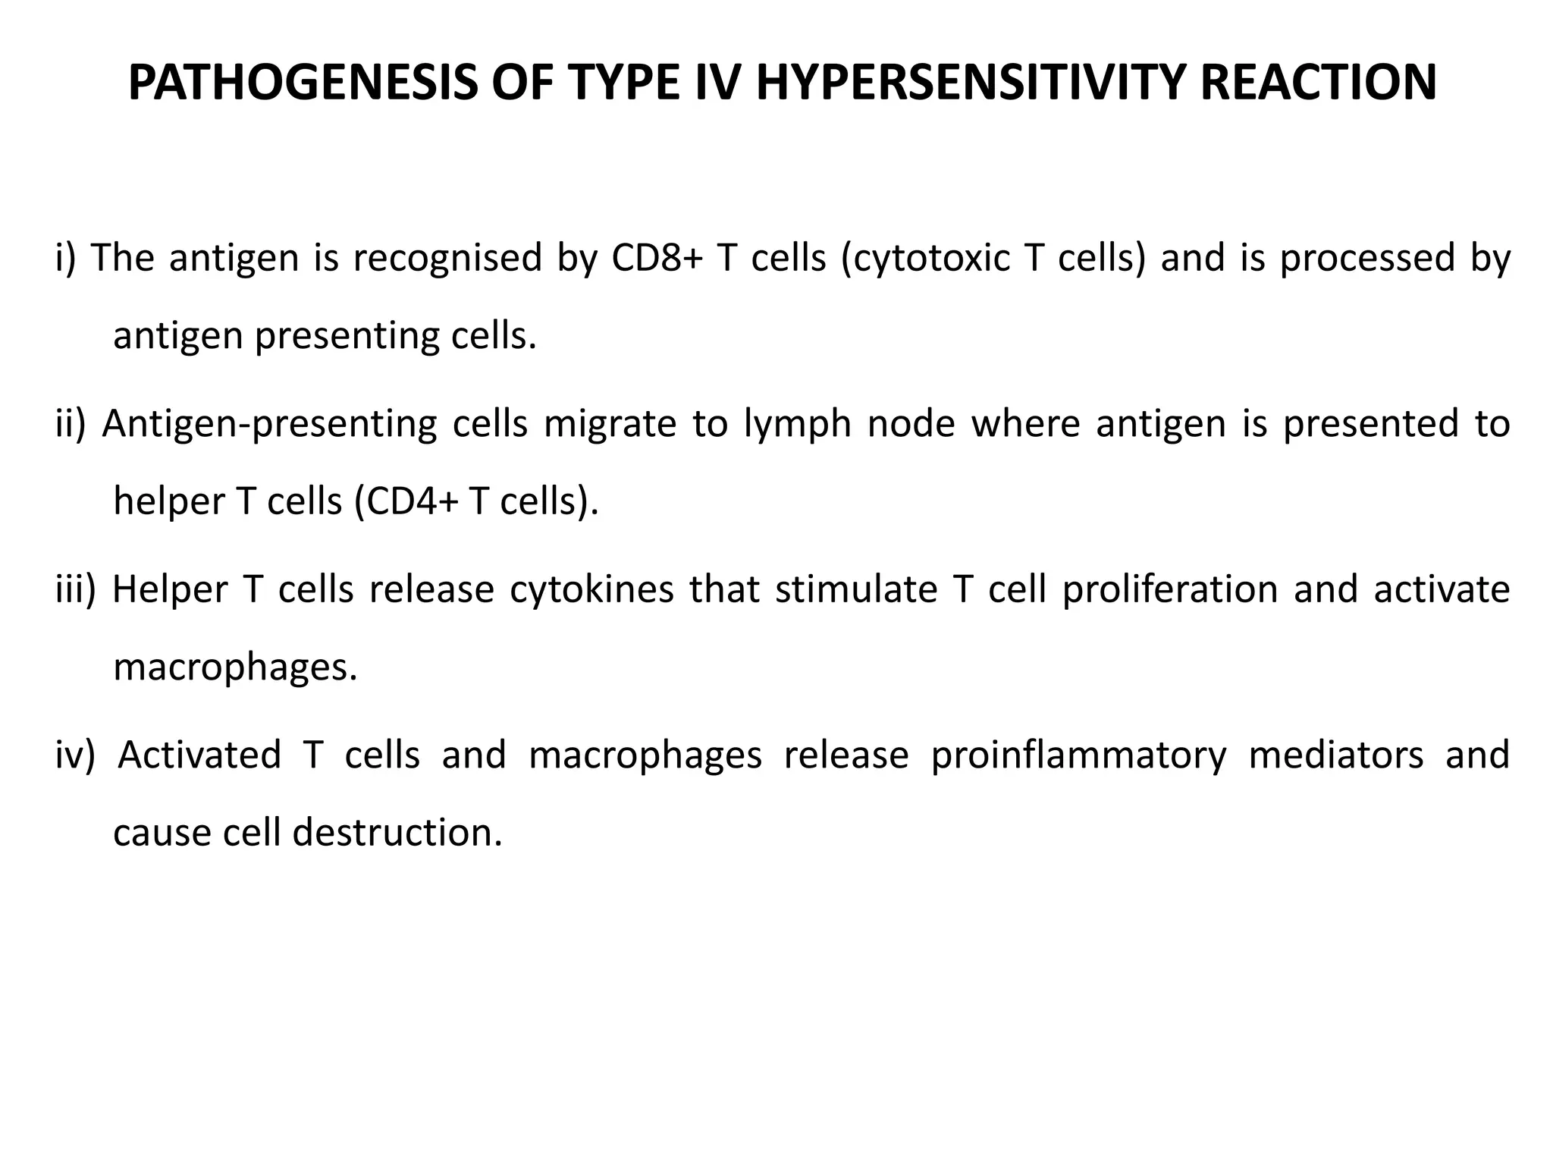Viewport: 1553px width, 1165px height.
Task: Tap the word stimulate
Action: pos(856,590)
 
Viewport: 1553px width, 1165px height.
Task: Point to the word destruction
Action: pos(397,833)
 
